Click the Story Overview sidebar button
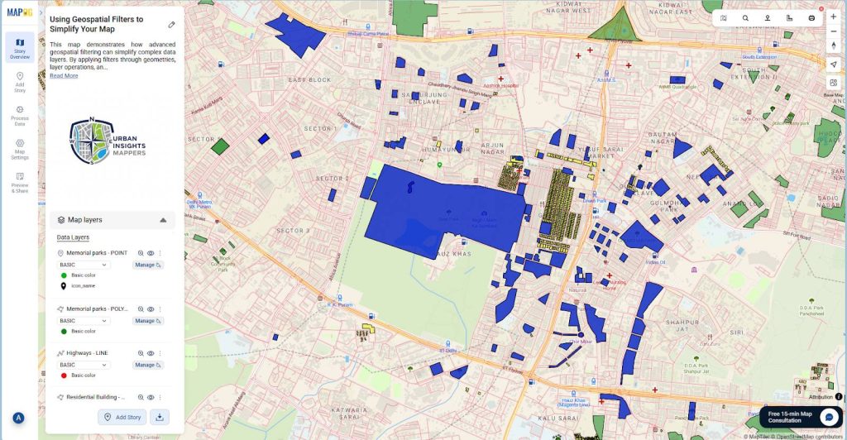(x=20, y=47)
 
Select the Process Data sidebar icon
(x=20, y=114)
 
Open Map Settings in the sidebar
(x=20, y=148)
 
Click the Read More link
(x=64, y=75)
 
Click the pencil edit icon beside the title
(x=171, y=25)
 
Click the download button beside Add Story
(x=160, y=417)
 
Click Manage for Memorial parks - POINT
(x=147, y=265)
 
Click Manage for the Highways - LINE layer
(x=147, y=365)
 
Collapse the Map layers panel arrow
(x=163, y=220)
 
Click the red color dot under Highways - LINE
(x=64, y=375)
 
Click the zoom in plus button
(x=833, y=17)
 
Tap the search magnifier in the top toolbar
(x=745, y=17)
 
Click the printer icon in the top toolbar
(x=811, y=17)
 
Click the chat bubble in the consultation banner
(x=828, y=417)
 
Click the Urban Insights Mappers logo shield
(x=89, y=141)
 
